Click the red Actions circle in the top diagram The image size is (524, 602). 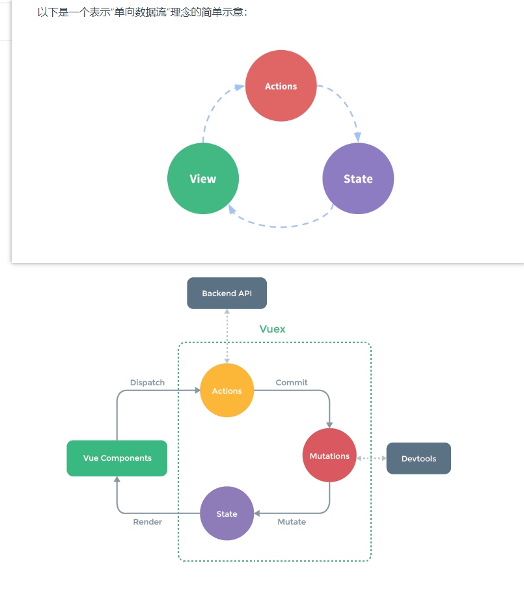click(x=281, y=86)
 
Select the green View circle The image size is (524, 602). click(x=203, y=179)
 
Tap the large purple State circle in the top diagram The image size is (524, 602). click(x=358, y=179)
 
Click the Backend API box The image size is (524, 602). click(x=227, y=294)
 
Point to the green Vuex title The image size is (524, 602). click(x=272, y=329)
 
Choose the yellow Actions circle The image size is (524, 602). click(x=227, y=391)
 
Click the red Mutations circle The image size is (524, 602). click(x=329, y=456)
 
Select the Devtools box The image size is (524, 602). click(x=419, y=459)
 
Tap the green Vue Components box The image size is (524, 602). click(x=117, y=458)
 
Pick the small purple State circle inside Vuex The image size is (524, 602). click(x=227, y=514)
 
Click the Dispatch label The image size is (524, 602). click(x=147, y=383)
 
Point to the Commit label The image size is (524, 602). click(x=292, y=383)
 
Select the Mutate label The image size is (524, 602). click(x=292, y=522)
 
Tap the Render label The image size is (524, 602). click(x=148, y=522)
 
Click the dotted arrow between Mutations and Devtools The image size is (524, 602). click(x=372, y=458)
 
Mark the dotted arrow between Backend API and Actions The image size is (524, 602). click(x=227, y=336)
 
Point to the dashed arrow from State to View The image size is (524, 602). click(x=280, y=226)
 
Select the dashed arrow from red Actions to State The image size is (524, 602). click(x=345, y=104)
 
